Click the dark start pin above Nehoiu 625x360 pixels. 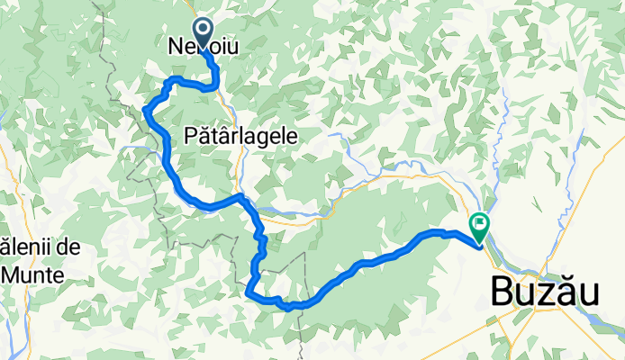[203, 31]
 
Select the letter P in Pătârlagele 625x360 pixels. [188, 135]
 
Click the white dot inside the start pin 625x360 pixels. [203, 30]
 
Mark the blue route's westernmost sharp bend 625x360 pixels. [145, 110]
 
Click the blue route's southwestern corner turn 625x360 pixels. [248, 292]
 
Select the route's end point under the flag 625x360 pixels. [478, 241]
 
